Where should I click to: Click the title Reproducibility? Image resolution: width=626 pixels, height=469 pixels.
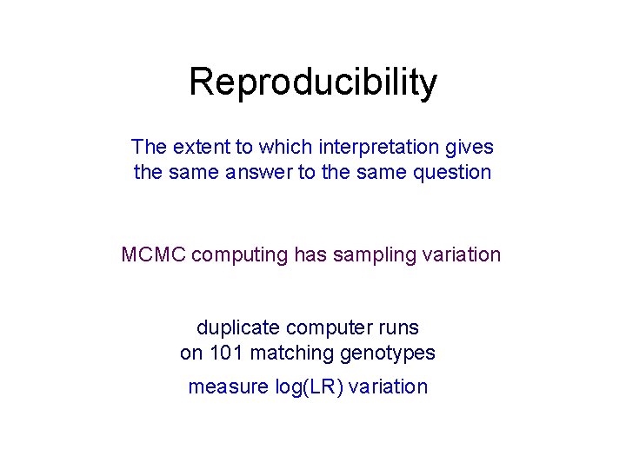[313, 83]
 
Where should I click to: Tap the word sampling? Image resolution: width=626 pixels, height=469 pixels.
[368, 255]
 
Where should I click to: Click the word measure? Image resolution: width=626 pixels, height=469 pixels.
[228, 387]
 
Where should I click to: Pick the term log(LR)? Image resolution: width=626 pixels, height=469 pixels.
[309, 387]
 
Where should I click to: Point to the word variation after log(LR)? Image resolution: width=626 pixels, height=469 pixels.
[389, 387]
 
